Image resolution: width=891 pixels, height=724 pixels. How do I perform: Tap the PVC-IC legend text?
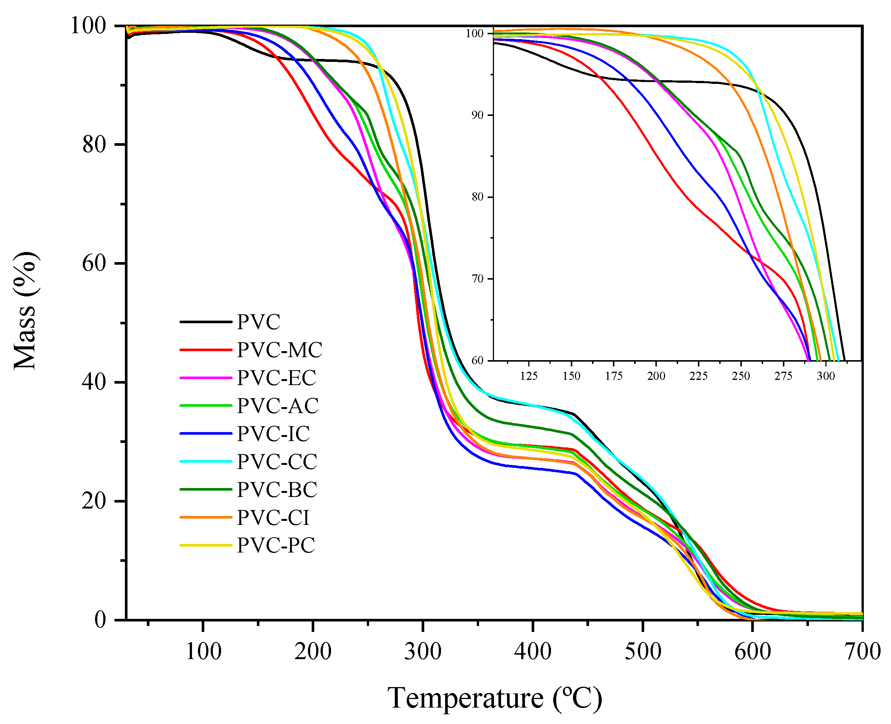click(274, 434)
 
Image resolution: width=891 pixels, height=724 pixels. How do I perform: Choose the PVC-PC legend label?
click(276, 545)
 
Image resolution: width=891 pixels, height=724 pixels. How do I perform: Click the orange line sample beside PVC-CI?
click(205, 517)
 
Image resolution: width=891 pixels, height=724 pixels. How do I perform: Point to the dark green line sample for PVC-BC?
click(205, 490)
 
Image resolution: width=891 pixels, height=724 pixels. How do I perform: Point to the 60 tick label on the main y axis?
click(94, 264)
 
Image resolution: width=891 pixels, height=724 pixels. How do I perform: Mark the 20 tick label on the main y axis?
click(94, 501)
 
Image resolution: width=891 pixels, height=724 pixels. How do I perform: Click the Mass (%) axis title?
click(26, 311)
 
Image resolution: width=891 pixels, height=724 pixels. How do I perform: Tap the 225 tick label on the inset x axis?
click(698, 377)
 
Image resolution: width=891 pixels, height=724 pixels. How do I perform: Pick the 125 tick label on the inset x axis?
click(529, 377)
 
